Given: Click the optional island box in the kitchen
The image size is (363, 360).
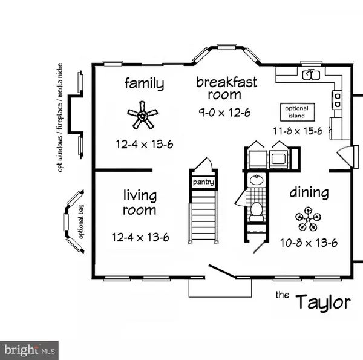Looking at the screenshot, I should (x=296, y=113).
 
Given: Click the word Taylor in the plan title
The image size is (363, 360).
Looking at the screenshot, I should (x=322, y=301).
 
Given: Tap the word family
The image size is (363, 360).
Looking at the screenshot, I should (x=144, y=83).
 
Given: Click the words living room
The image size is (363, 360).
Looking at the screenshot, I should (x=140, y=203).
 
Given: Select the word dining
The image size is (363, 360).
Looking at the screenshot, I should (x=309, y=194).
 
